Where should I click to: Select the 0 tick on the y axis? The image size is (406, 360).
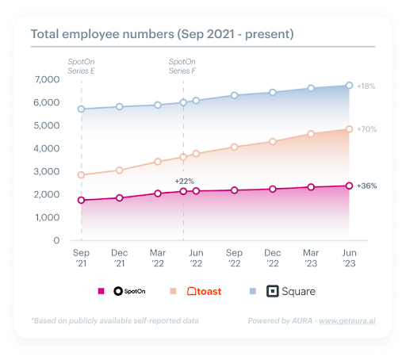(x=56, y=240)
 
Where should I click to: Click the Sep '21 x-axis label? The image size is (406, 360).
(x=81, y=258)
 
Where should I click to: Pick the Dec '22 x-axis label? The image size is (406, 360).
(x=272, y=258)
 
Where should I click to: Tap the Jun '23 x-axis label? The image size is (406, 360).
(x=349, y=258)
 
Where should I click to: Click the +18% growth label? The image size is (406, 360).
(x=366, y=85)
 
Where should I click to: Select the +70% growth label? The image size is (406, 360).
(x=366, y=128)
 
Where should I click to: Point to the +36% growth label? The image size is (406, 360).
(x=366, y=186)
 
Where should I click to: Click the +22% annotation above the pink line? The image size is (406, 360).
(x=185, y=181)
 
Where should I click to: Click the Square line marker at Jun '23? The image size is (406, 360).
(x=349, y=86)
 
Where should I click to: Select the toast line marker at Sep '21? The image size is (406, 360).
(x=81, y=175)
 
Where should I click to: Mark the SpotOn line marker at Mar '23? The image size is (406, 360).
(x=311, y=187)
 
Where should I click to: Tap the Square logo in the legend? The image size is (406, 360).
(x=290, y=291)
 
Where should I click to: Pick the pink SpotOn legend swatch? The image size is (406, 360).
(x=101, y=291)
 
